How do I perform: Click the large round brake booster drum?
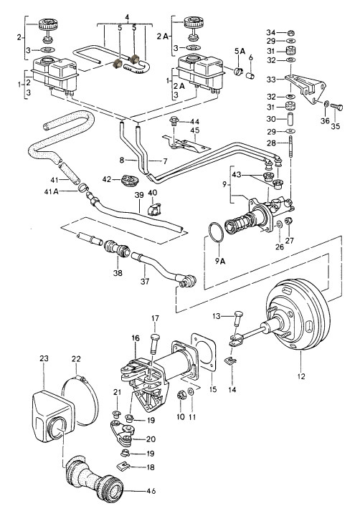[x=298, y=315]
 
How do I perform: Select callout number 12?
[x=301, y=376]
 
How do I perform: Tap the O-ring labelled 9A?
[x=216, y=232]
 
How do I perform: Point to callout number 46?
[x=151, y=491]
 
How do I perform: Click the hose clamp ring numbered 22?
[x=80, y=400]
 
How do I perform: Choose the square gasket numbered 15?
[x=204, y=352]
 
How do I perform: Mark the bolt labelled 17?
[x=156, y=343]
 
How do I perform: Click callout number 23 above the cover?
[x=44, y=358]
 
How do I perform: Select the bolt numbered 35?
[x=336, y=107]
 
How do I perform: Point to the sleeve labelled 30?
[x=290, y=119]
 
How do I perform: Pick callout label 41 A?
[x=51, y=191]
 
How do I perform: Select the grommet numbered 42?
[x=130, y=180]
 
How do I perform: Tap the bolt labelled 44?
[x=173, y=123]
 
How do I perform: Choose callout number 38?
[x=118, y=272]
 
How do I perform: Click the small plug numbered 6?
[x=250, y=75]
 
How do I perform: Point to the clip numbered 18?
[x=123, y=466]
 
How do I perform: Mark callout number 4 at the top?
[x=127, y=16]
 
